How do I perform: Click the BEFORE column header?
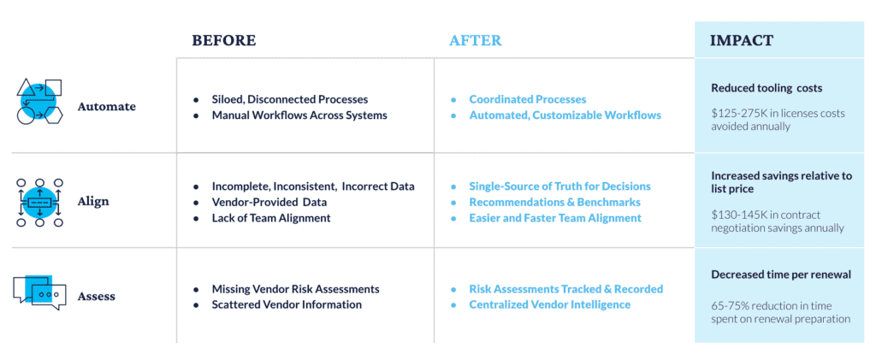pos(224,41)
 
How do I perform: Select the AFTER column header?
pos(476,41)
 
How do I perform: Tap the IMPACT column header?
pos(742,41)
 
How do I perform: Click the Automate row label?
pos(107,106)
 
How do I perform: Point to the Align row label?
pos(93,202)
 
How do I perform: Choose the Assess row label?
pos(96,296)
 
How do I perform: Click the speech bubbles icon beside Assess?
pos(39,291)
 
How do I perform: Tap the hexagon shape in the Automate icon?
pos(54,115)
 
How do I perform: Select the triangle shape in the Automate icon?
pos(26,87)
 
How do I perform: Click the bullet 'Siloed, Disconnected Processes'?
pos(290,99)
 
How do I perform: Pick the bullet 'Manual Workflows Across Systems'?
pos(299,115)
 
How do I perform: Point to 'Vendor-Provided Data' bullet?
pos(269,202)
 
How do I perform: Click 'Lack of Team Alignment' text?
pos(271,218)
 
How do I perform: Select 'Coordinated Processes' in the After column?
pos(527,99)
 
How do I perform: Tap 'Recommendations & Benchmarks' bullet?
pos(554,202)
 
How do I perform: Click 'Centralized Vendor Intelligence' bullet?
pos(550,304)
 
